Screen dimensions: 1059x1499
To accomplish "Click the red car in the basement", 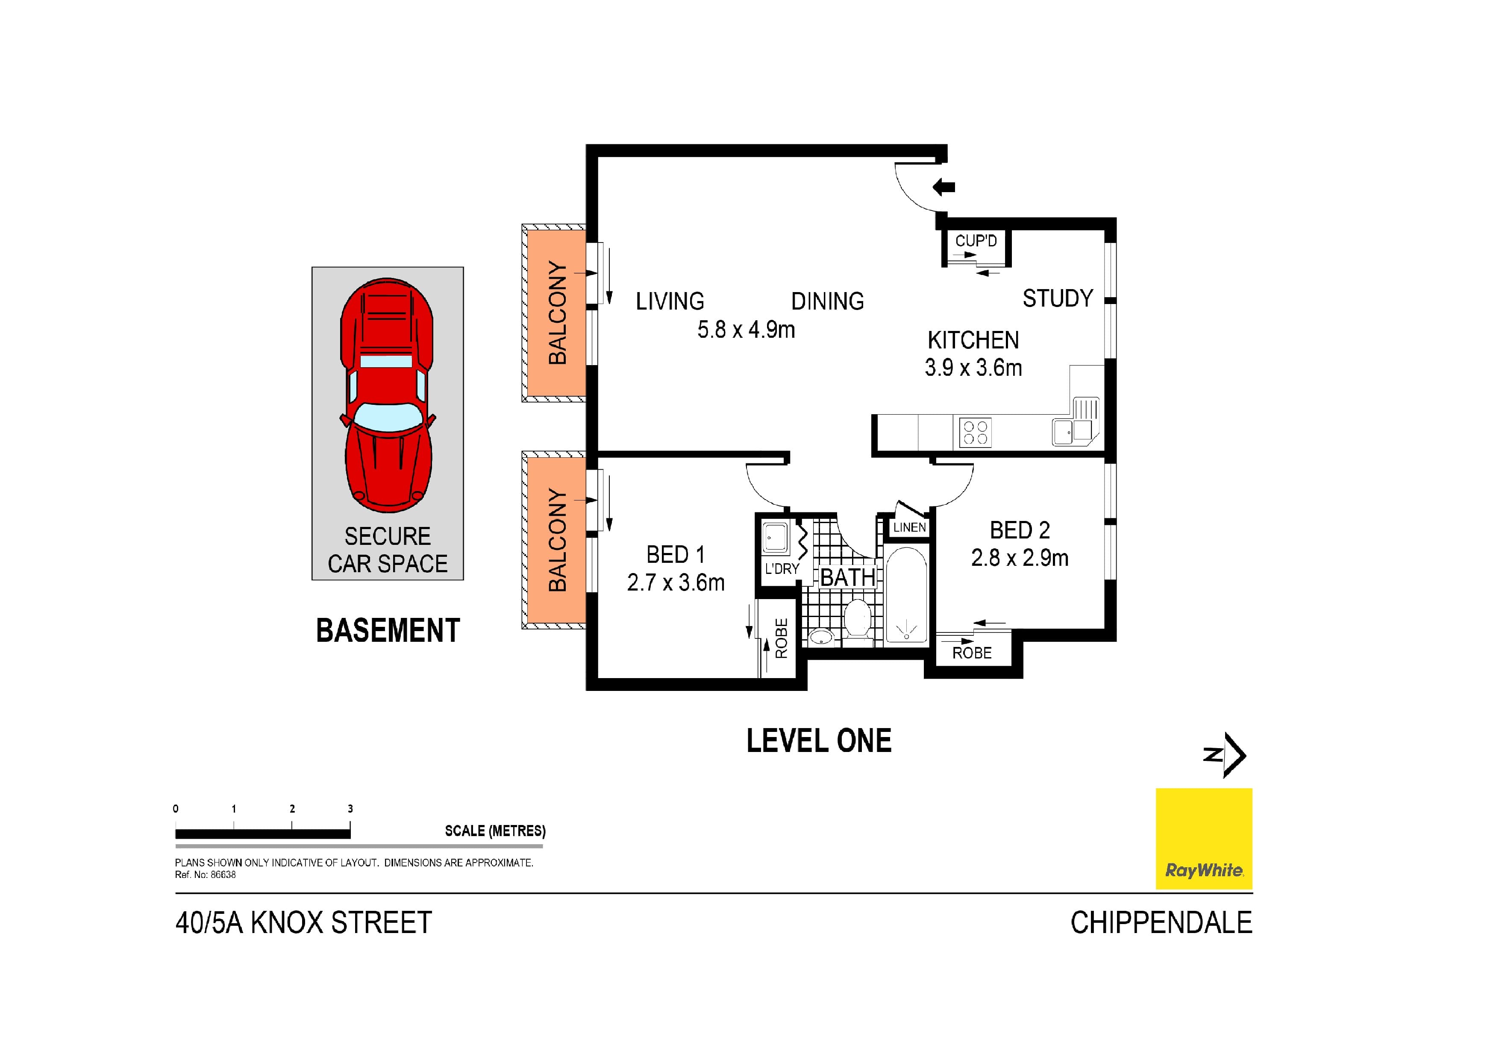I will [x=387, y=395].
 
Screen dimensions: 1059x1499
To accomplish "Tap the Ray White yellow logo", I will [x=1203, y=839].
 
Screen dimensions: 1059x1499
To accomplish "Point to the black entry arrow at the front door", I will [x=943, y=187].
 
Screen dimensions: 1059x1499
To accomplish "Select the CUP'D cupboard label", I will [x=976, y=241].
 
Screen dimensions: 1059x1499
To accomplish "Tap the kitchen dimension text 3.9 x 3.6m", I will [x=973, y=368].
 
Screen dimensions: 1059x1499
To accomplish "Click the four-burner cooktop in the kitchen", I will [x=976, y=432].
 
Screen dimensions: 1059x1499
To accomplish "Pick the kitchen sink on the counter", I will [x=1062, y=431].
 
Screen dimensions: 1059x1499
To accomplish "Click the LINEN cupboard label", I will [x=909, y=527].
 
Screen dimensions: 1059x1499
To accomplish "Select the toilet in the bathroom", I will [x=857, y=619].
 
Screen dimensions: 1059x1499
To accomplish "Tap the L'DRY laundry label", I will [x=782, y=568].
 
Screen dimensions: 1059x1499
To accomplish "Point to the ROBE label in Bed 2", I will [x=971, y=653].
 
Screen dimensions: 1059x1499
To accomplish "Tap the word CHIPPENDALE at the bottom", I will [x=1161, y=923].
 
